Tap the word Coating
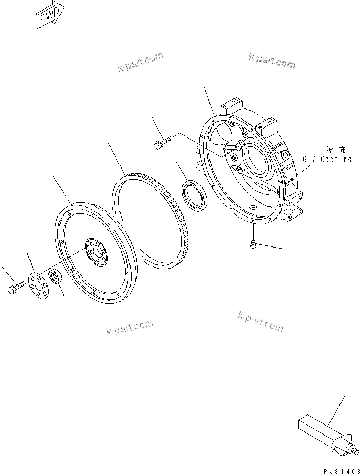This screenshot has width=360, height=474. [x=334, y=159]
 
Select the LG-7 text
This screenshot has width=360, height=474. [x=306, y=159]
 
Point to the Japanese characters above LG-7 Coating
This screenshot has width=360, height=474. [x=334, y=150]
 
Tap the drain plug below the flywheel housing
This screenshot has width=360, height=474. [x=253, y=243]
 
